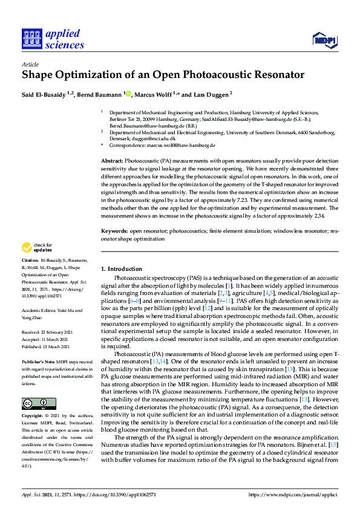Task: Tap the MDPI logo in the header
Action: [324, 40]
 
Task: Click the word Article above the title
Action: [30, 64]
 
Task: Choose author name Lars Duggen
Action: [210, 94]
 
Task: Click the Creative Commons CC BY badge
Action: [39, 403]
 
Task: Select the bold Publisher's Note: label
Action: [39, 361]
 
